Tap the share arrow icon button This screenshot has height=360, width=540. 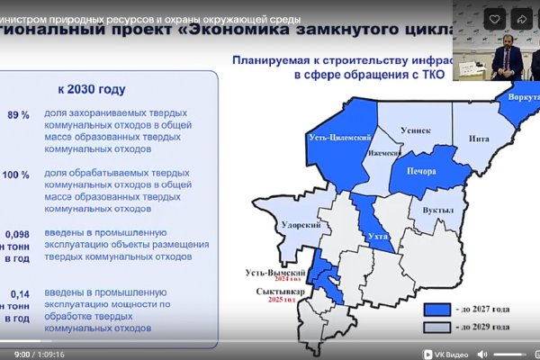[521, 18]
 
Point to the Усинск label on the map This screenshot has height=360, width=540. [422, 130]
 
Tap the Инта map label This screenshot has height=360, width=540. [478, 139]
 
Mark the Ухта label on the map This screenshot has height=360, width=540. [367, 235]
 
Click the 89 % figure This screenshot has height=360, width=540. [19, 116]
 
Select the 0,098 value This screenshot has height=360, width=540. [19, 233]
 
